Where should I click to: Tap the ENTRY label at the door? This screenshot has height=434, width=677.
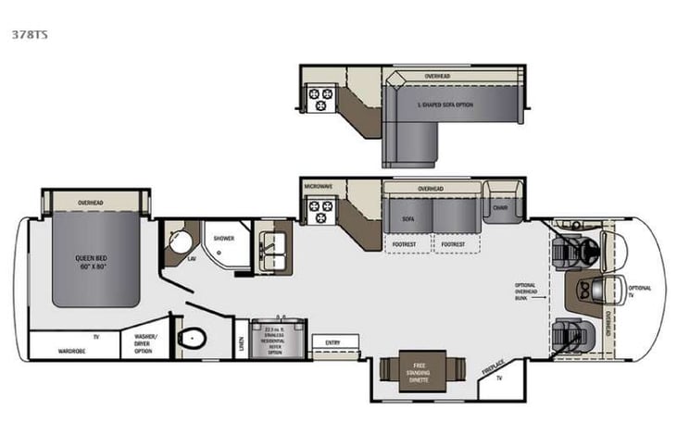(x=331, y=342)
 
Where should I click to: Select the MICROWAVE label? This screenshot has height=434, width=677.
(x=318, y=186)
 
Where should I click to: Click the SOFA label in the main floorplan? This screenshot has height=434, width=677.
(x=408, y=220)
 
